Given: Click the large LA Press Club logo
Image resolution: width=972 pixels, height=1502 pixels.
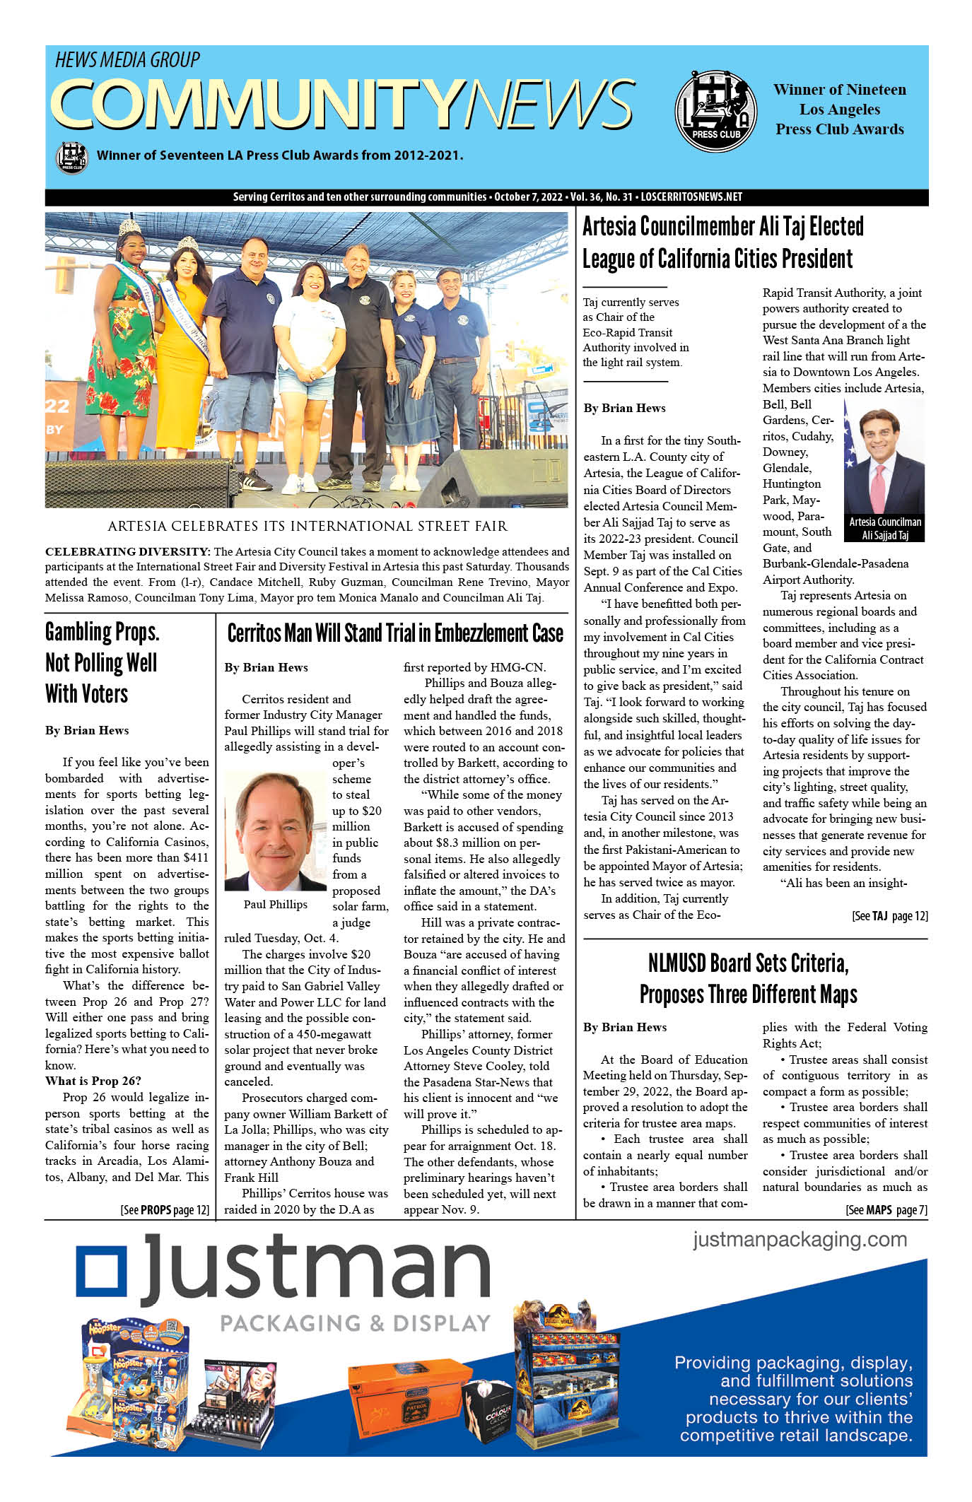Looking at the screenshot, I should [715, 111].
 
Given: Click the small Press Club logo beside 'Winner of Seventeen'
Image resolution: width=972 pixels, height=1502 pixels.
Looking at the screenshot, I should [71, 156].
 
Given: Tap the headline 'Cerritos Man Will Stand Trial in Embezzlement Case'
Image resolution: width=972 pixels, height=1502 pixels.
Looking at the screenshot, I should [395, 633].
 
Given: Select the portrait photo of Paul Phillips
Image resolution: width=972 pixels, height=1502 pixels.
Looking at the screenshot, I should [275, 831].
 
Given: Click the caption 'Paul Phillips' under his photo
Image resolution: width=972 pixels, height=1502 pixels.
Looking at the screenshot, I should [275, 905].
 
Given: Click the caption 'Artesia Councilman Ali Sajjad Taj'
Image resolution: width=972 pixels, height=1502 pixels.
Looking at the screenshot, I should [884, 528].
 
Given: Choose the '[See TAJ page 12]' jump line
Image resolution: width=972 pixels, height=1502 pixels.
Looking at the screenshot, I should [889, 916].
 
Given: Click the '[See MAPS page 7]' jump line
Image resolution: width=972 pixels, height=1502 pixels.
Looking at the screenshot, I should [886, 1210].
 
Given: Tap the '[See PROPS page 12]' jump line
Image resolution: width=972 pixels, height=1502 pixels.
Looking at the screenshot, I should [165, 1210].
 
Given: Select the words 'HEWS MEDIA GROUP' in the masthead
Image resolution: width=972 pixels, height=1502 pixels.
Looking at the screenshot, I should [128, 61].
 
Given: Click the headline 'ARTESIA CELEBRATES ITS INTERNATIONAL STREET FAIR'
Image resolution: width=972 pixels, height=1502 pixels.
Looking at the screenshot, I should [308, 526].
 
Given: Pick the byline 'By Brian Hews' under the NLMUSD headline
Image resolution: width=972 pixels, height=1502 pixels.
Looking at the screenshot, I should [625, 1027].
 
